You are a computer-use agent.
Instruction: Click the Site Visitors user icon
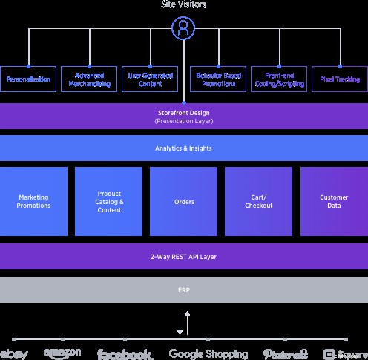[183, 29]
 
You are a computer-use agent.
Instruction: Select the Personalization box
[28, 79]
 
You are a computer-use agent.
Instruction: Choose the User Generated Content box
[150, 79]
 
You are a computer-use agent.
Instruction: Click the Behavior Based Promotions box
[218, 79]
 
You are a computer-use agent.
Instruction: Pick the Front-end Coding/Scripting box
[279, 79]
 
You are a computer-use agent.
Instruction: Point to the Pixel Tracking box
[341, 79]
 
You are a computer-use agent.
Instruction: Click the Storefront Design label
[183, 112]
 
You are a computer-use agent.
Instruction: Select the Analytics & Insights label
[183, 148]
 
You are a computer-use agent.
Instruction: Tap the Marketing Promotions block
[34, 201]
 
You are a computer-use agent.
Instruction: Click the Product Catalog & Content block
[109, 201]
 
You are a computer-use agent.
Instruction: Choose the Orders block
[183, 201]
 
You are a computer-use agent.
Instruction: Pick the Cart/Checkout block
[258, 201]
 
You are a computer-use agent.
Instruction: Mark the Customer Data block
[334, 201]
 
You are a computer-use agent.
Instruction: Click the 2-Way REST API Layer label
[183, 257]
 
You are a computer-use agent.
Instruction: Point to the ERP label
[183, 290]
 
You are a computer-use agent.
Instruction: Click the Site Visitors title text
[183, 5]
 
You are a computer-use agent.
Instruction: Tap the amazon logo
[62, 353]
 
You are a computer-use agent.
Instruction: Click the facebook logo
[125, 354]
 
